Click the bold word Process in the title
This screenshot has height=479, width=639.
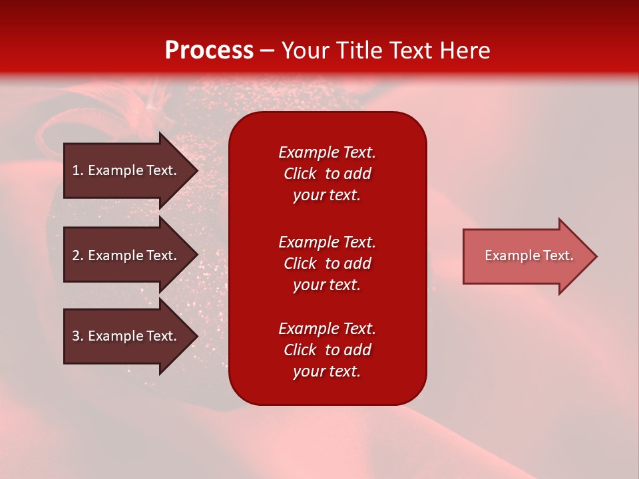click(x=209, y=50)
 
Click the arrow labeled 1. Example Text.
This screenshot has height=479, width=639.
click(x=124, y=170)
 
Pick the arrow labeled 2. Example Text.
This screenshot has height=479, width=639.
click(x=124, y=255)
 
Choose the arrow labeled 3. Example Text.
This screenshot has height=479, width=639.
click(x=124, y=336)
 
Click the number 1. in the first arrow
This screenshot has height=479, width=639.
click(x=77, y=170)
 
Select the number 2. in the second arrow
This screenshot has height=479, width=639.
click(x=77, y=255)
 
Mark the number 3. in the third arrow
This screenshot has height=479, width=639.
click(x=77, y=336)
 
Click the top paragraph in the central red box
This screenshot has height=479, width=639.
click(x=327, y=174)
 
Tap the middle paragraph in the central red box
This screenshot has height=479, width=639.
click(x=327, y=263)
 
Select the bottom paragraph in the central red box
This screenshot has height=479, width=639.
click(x=327, y=350)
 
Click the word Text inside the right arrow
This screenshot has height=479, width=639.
click(x=558, y=255)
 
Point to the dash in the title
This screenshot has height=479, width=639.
click(x=267, y=51)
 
